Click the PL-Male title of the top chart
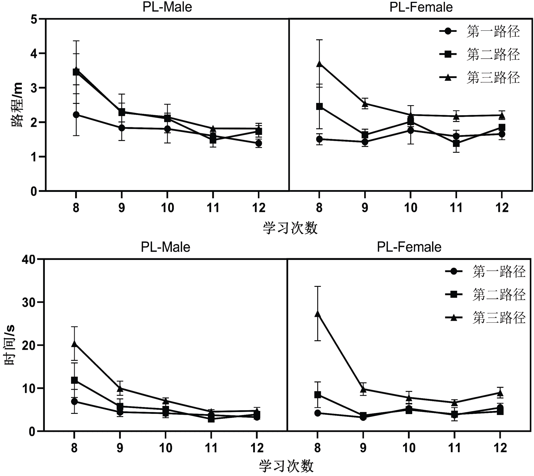click(167, 7)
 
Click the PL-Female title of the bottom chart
click(409, 247)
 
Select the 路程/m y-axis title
click(17, 105)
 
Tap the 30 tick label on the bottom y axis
click(29, 302)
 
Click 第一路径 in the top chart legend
click(493, 31)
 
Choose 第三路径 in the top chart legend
click(493, 77)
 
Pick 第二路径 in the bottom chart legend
click(499, 295)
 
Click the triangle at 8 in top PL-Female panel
click(319, 64)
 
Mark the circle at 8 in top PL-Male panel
click(76, 115)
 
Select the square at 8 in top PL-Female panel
click(319, 107)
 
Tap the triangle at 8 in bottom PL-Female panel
click(318, 314)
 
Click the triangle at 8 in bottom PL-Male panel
click(74, 344)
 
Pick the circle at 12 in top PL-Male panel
click(259, 143)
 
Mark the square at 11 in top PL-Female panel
click(456, 143)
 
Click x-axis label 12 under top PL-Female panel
click(502, 208)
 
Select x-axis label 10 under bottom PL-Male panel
click(165, 448)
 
